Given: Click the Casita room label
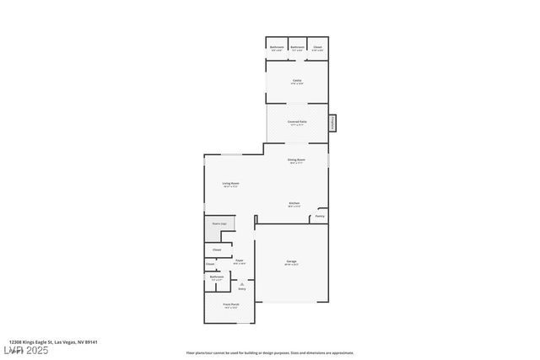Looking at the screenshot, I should tap(297, 80).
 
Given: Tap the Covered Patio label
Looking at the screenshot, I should tap(297, 121).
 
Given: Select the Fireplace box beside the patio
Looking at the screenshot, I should tap(332, 123).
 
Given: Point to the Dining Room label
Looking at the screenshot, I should tap(296, 159).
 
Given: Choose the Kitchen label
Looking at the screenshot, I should tap(294, 203).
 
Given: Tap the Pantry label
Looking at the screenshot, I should tap(320, 217).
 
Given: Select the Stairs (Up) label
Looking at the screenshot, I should tap(219, 223).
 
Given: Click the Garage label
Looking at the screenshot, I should tap(291, 261).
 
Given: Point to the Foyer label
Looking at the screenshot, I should tap(240, 261).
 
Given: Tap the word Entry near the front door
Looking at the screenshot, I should tap(242, 288).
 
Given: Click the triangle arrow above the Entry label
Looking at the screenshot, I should tap(242, 283).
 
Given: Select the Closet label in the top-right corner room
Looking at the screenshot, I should tap(317, 46).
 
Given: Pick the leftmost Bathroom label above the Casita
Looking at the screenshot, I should tap(277, 46).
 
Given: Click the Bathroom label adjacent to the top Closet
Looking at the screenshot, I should tap(298, 46).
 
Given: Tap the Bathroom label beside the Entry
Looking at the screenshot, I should tap(217, 277).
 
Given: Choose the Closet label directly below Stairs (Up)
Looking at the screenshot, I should tap(217, 250).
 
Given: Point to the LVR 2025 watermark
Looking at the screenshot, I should tap(24, 350).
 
